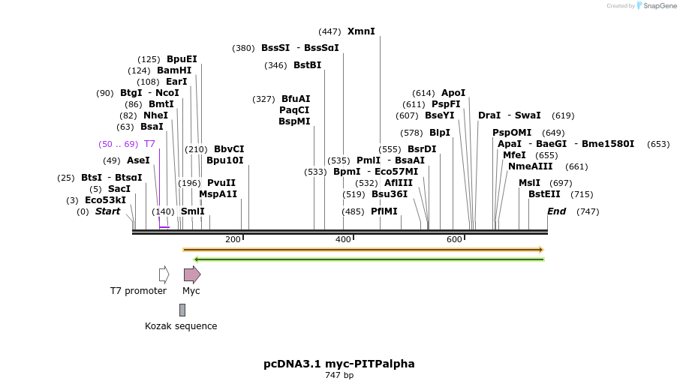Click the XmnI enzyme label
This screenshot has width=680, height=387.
[361, 31]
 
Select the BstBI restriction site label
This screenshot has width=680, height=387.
[307, 65]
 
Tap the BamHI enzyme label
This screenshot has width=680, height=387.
[174, 70]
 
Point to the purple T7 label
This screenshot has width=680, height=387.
[150, 144]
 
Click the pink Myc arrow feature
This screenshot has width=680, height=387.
[192, 274]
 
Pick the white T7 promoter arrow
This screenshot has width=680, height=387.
[164, 274]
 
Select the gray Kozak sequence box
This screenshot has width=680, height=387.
[182, 310]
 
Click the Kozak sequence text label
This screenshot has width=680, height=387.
[181, 326]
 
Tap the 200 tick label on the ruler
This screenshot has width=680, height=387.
[233, 239]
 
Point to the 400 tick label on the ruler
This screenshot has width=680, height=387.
[343, 239]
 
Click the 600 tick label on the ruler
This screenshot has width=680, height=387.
[454, 239]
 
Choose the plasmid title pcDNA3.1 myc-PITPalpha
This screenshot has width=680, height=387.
[339, 364]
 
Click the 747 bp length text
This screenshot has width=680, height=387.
[339, 375]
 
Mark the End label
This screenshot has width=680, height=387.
[556, 211]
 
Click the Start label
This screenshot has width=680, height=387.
[107, 211]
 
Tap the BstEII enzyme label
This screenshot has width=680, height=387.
[544, 194]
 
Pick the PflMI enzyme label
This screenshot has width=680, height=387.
[384, 211]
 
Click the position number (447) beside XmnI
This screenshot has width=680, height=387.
[329, 31]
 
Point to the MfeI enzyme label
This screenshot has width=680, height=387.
[515, 155]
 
